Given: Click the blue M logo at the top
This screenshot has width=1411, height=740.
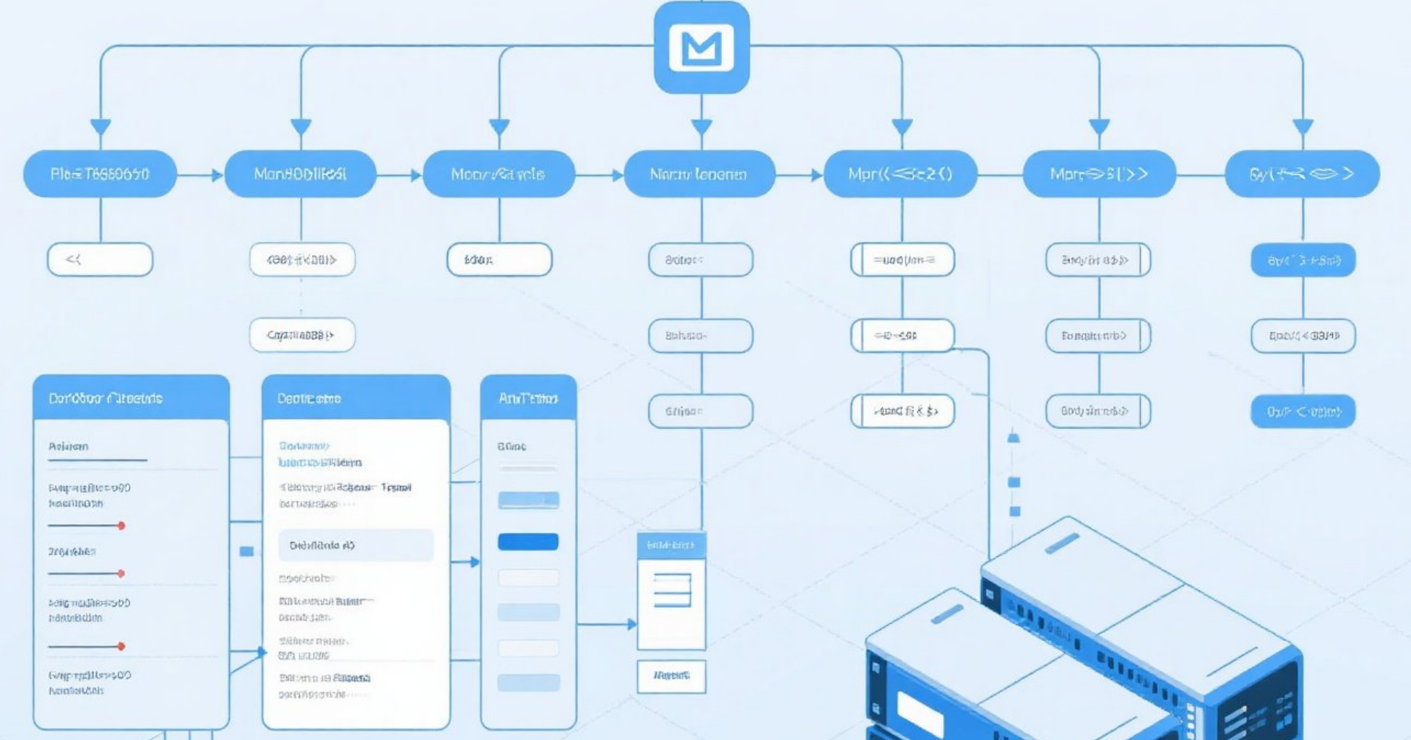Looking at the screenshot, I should tap(702, 48).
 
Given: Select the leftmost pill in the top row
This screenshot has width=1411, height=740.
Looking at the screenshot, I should tap(100, 174).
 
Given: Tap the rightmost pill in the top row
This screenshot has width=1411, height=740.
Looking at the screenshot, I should tap(1302, 174).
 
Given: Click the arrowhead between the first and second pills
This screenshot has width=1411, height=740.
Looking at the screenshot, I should tap(217, 175).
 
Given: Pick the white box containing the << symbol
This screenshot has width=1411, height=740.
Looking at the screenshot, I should tap(100, 259).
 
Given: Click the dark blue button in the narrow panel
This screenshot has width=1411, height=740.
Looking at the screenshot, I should tap(528, 541).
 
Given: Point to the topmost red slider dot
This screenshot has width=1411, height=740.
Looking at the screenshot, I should tap(121, 526).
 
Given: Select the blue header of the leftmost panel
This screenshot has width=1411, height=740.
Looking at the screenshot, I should tap(131, 398).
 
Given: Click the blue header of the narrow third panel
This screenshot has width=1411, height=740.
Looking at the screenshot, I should tap(528, 398).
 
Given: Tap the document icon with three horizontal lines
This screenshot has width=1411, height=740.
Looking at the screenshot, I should tap(672, 590).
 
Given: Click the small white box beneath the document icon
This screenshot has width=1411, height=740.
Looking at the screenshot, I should tap(671, 676).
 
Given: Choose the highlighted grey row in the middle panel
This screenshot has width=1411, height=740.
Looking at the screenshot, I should tap(356, 545).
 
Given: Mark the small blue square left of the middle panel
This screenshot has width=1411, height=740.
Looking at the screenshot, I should tap(246, 552).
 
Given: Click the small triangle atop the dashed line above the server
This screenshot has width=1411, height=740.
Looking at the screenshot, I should tap(1014, 437).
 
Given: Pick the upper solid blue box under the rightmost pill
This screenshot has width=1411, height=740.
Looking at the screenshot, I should tap(1303, 260).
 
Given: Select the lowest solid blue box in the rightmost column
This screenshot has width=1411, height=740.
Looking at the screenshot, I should tap(1303, 412).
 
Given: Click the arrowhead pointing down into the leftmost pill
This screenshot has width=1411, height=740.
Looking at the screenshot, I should tap(100, 128).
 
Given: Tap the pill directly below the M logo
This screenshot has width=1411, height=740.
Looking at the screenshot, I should tap(699, 174).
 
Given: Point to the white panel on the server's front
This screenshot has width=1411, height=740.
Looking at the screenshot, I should tap(920, 713).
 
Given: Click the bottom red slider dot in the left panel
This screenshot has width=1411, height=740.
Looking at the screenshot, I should tap(121, 646).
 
